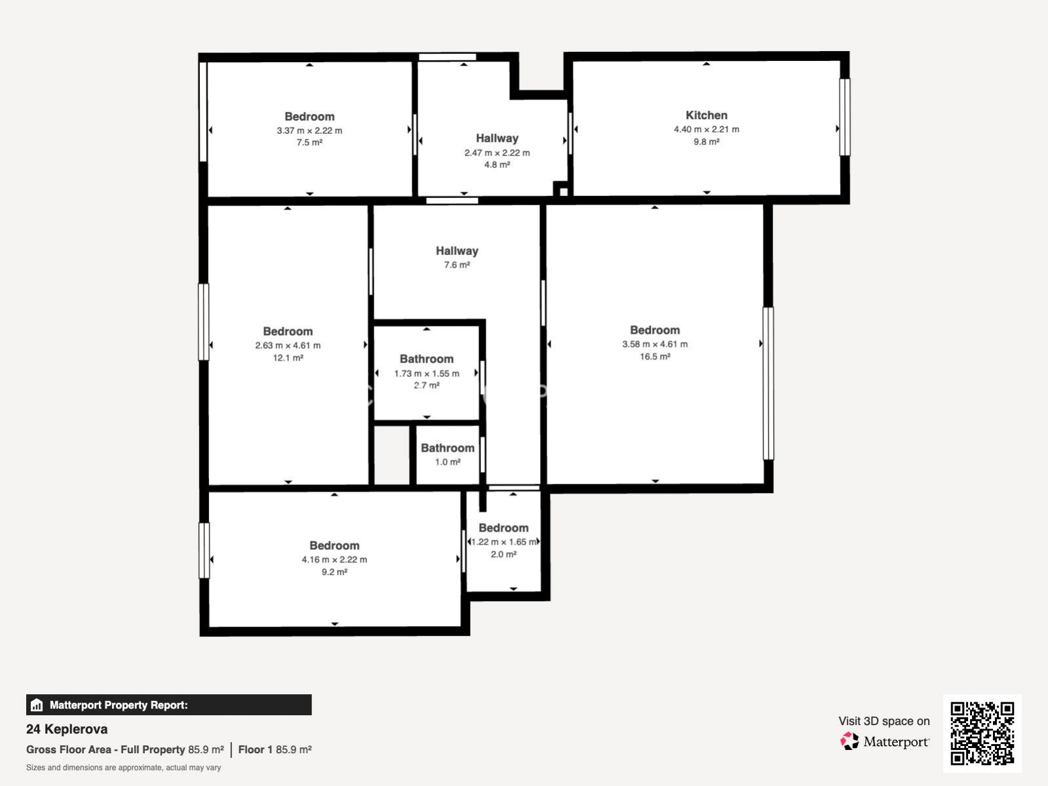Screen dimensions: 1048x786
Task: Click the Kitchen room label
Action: tap(706, 115)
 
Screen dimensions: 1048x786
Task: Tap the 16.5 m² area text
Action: tap(655, 356)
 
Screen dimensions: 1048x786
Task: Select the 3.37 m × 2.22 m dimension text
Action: tap(309, 130)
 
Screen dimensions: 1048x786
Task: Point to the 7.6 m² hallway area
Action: tap(457, 265)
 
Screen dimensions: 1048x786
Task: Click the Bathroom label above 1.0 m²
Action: tap(448, 448)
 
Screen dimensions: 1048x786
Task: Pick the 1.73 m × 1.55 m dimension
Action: tap(427, 374)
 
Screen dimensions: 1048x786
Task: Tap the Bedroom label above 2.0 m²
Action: tap(503, 528)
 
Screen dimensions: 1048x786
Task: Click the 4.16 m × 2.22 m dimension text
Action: tap(334, 559)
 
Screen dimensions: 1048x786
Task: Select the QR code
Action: tap(982, 733)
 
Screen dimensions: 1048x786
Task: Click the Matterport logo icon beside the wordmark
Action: tap(849, 741)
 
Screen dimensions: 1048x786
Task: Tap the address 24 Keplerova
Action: tap(67, 729)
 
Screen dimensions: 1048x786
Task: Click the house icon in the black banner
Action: tap(36, 705)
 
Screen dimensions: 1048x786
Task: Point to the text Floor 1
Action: tap(256, 750)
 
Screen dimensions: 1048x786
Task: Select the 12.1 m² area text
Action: tap(288, 358)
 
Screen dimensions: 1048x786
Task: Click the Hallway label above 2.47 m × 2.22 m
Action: tap(497, 138)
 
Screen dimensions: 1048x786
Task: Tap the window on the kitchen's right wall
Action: tap(845, 117)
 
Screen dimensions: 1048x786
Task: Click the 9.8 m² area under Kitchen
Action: tap(706, 142)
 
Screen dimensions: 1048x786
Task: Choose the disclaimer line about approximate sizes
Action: tap(124, 768)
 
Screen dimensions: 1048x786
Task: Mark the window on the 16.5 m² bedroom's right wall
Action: tap(768, 383)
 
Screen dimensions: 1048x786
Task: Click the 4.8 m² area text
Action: tap(497, 165)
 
